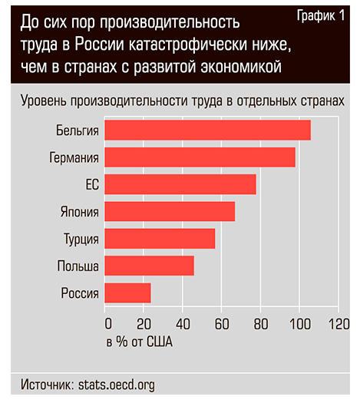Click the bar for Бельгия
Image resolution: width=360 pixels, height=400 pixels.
[207, 130]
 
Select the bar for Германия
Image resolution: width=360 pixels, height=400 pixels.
[200, 157]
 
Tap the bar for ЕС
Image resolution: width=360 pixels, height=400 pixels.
[180, 184]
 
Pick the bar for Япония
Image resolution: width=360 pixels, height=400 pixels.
[170, 211]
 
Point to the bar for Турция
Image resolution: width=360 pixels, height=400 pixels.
[160, 239]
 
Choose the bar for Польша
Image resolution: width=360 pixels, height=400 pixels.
[149, 266]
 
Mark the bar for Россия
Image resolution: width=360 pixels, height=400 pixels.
[127, 293]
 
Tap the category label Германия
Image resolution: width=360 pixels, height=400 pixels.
[73, 158]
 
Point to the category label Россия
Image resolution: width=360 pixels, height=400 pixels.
[79, 293]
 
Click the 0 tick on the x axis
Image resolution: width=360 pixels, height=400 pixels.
[107, 323]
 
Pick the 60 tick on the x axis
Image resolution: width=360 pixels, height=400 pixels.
[221, 323]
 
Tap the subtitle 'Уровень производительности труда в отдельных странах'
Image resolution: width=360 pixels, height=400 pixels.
[182, 101]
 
